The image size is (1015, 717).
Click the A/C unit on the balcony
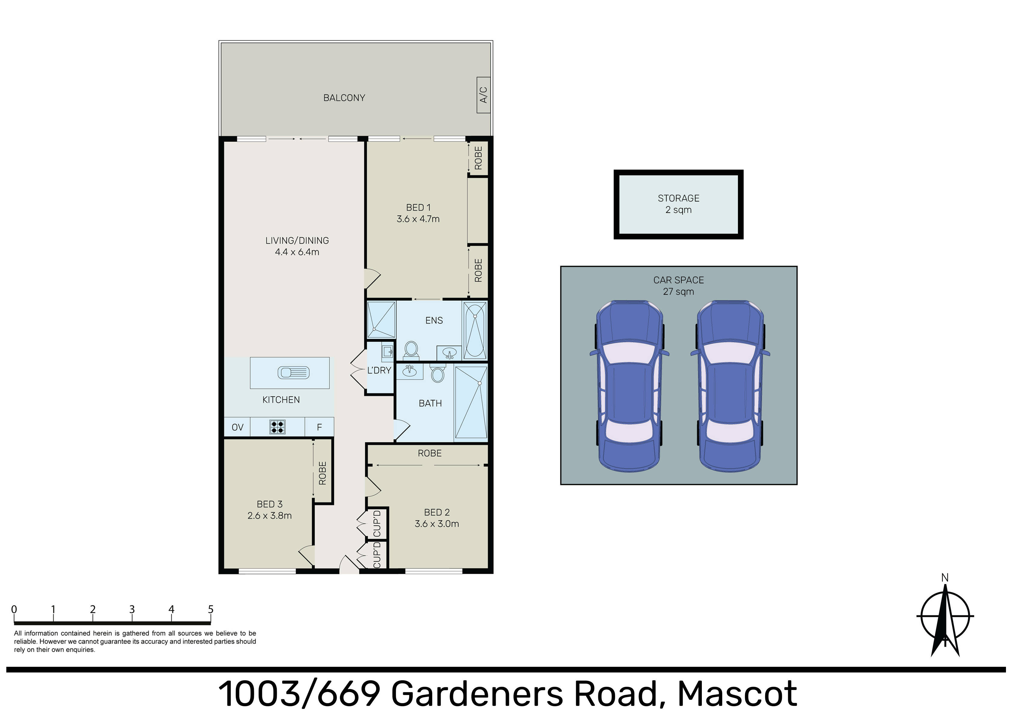point(483,95)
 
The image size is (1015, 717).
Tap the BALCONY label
point(344,98)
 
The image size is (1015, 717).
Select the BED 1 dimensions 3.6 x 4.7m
point(418,219)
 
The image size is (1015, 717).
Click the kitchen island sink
point(293,373)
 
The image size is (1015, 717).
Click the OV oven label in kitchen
point(237,427)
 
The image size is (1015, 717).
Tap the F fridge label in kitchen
point(319,427)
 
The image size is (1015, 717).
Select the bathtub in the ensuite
point(475,330)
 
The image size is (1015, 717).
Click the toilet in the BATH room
point(437,374)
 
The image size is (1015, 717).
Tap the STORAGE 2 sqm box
point(678,204)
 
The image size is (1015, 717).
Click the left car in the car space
point(629,386)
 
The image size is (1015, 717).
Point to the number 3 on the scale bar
point(132,609)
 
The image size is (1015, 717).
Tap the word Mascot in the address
point(737,694)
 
